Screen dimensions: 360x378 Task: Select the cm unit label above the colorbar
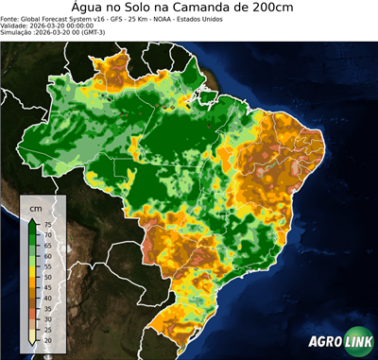click(x=36, y=206)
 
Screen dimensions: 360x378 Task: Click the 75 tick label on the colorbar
click(x=47, y=224)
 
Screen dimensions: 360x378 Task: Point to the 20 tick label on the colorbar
click(x=47, y=338)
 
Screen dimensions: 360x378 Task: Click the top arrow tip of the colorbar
click(x=33, y=217)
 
